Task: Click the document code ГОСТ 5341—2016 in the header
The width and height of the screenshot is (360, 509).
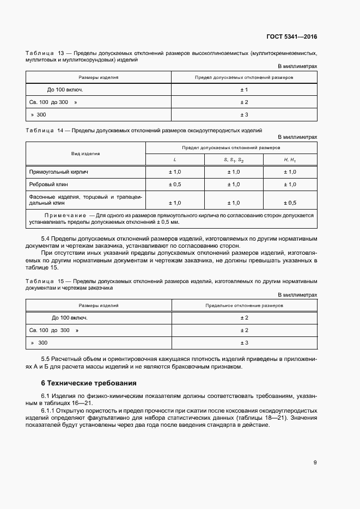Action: point(291,37)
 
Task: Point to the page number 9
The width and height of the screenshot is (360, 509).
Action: point(315,463)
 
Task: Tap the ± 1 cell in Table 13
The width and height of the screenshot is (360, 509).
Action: point(244,90)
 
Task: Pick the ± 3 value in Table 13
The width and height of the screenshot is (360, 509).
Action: point(244,115)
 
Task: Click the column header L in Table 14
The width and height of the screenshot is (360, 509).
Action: point(175,160)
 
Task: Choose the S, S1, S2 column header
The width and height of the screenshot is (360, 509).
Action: point(234,160)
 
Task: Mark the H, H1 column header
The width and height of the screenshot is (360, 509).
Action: point(290,160)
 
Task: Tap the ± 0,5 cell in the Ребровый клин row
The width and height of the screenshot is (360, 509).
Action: point(175,185)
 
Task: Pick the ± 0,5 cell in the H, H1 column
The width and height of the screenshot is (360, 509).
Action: point(290,203)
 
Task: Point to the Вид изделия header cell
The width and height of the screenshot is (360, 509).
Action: point(86,154)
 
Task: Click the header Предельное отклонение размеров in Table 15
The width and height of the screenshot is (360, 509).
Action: point(244,306)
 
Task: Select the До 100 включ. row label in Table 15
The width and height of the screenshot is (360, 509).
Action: point(70,318)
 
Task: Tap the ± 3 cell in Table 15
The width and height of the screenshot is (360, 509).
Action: point(244,343)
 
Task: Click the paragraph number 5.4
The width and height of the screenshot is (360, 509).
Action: point(46,239)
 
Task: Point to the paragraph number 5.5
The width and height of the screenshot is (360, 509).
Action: point(46,360)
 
